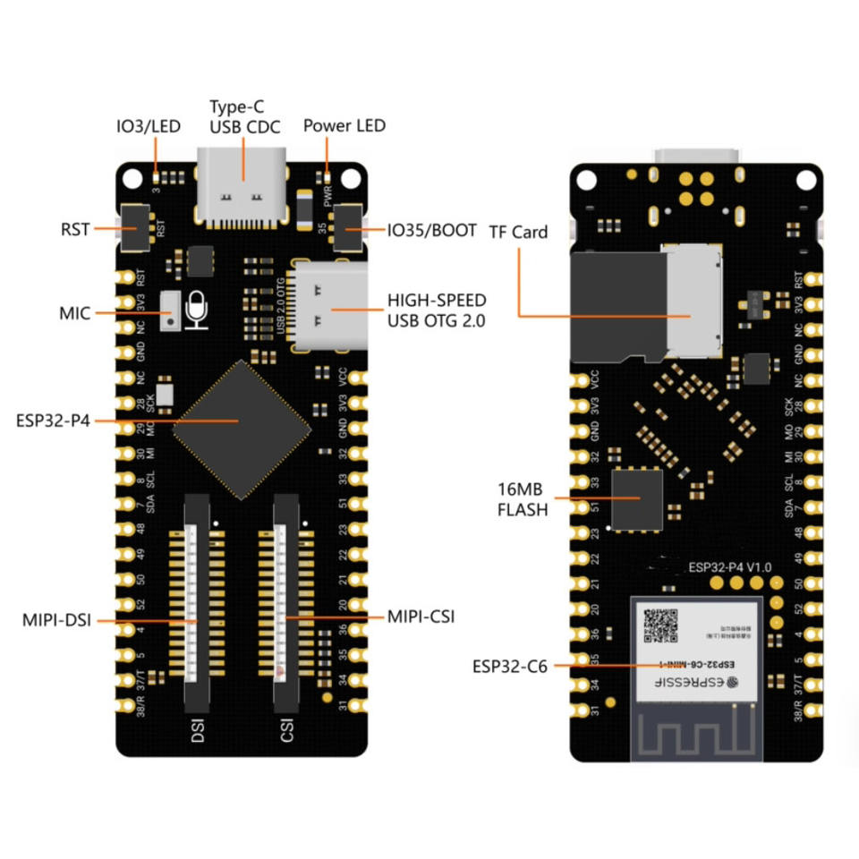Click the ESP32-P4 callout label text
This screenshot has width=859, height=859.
pyautogui.click(x=53, y=420)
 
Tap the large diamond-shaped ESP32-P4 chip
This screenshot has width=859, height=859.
pyautogui.click(x=242, y=420)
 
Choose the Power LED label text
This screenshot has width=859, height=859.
pyautogui.click(x=344, y=125)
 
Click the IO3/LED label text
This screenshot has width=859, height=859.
pyautogui.click(x=148, y=126)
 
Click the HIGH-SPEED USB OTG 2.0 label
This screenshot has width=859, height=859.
pyautogui.click(x=436, y=310)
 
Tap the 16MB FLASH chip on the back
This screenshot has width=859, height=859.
pyautogui.click(x=637, y=498)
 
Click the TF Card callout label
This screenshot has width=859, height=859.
pyautogui.click(x=518, y=232)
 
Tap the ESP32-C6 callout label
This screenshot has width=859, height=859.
pyautogui.click(x=510, y=666)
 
